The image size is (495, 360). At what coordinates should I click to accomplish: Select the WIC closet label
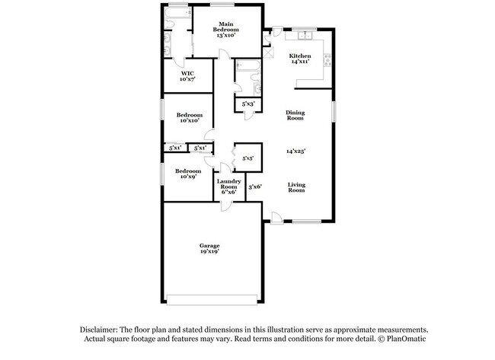188,76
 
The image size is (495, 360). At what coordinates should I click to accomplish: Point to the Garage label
210,248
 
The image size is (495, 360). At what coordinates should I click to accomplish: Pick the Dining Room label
295,116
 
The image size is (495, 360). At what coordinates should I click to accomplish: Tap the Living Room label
296,188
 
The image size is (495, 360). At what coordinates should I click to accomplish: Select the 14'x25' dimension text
295,151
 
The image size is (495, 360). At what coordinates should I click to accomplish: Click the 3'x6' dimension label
254,186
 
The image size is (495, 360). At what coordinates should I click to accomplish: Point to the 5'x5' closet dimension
247,158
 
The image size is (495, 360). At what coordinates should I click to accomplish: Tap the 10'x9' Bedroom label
188,174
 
